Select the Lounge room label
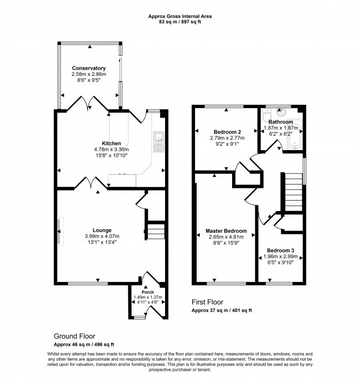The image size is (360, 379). tap(102, 230)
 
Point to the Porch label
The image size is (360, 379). tap(148, 292)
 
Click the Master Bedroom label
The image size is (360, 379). tap(226, 231)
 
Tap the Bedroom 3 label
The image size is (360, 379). tap(281, 250)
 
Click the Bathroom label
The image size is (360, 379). tap(281, 122)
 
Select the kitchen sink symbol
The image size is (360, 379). tap(158, 142)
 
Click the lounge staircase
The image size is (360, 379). tap(156, 229)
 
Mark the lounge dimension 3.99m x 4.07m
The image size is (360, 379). tap(102, 237)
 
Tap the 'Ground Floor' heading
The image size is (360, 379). tap(74, 336)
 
